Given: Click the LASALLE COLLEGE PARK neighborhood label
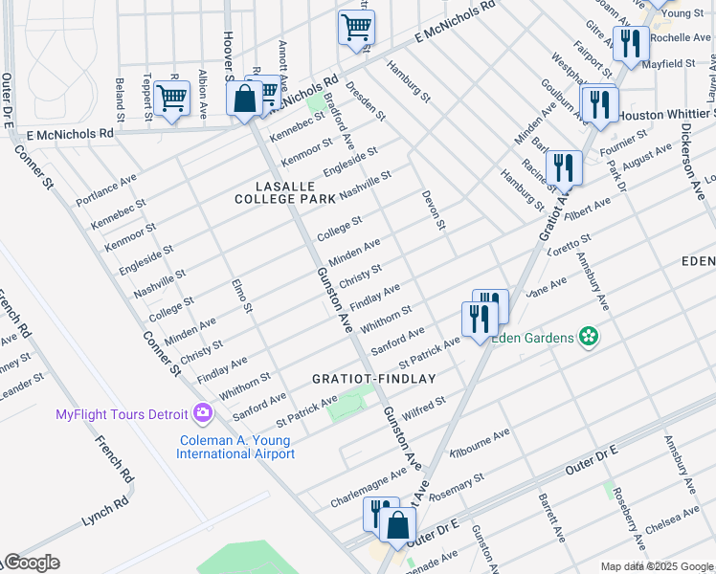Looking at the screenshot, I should click(x=285, y=191).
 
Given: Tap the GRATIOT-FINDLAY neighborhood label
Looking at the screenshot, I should click(x=373, y=379).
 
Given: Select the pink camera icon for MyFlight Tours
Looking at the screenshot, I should click(x=203, y=413).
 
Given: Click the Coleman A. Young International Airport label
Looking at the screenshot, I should click(x=235, y=448).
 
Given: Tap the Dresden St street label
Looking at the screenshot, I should click(x=367, y=102).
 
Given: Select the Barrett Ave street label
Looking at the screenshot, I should click(x=553, y=514).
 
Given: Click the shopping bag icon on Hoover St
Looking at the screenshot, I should click(x=245, y=99).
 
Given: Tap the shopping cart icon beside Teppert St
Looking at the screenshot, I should click(x=171, y=98).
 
